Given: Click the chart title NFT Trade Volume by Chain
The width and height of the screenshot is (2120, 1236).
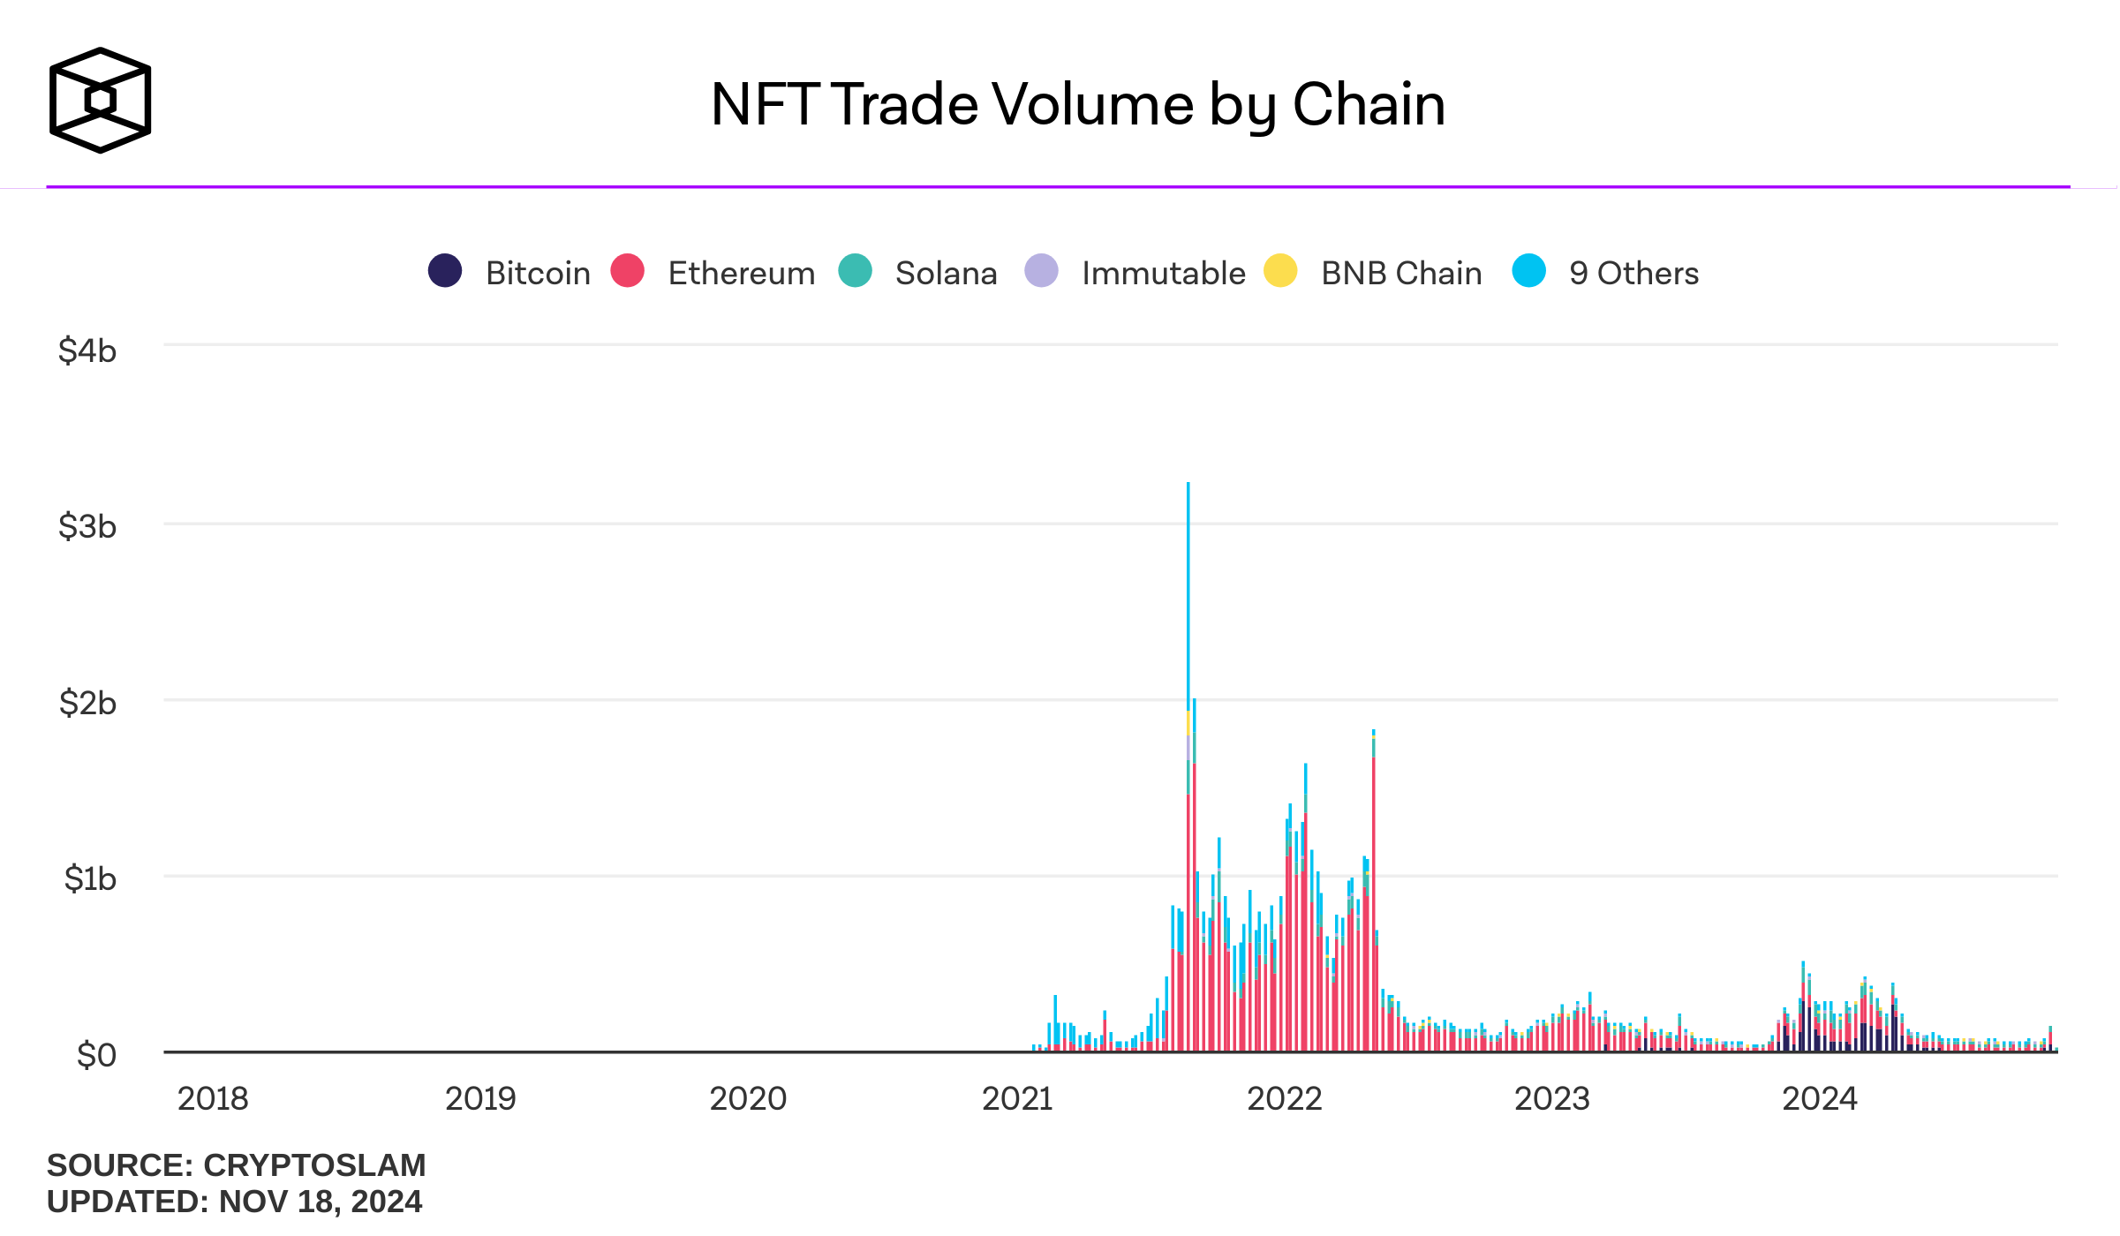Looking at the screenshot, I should click(x=1077, y=104).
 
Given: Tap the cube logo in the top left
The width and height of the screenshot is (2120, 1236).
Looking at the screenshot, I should click(x=100, y=100).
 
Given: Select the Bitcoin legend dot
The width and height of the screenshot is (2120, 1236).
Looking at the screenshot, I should click(x=445, y=270).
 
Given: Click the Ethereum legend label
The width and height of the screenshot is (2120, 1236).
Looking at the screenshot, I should click(x=741, y=274).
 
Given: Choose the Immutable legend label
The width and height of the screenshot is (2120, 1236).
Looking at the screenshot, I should click(x=1163, y=274).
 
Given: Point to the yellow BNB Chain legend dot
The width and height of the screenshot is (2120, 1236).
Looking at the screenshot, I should click(x=1280, y=270).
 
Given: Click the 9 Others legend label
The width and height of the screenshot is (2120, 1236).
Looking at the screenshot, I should click(x=1633, y=274).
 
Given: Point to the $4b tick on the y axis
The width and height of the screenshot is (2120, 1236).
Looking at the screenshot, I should click(x=87, y=350).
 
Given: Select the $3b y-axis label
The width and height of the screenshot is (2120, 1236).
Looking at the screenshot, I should click(x=87, y=526).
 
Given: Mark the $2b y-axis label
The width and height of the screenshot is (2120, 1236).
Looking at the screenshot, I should click(x=87, y=703).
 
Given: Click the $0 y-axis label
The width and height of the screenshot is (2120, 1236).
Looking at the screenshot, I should click(x=96, y=1054).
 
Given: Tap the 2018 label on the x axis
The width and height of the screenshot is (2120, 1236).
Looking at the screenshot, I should click(x=213, y=1098).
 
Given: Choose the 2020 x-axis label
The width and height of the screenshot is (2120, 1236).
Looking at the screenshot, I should click(x=748, y=1098).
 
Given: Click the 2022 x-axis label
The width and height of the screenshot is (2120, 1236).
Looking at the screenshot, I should click(x=1284, y=1098).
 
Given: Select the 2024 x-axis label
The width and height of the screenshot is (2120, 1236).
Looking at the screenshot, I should click(x=1819, y=1098).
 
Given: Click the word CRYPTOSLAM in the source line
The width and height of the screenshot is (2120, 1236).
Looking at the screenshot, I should click(x=314, y=1165).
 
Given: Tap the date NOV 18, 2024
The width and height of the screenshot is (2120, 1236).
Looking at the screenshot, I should click(x=321, y=1202).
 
